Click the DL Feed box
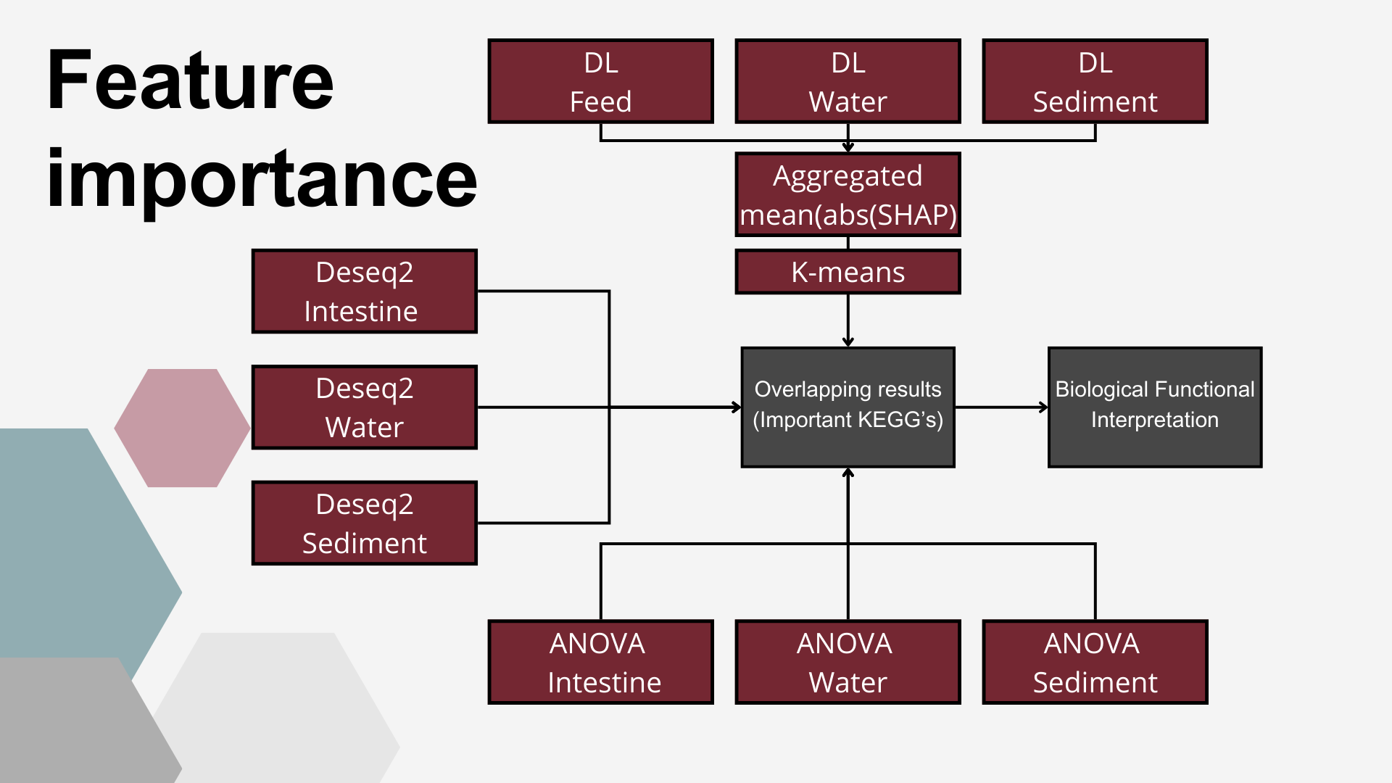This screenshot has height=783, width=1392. [600, 81]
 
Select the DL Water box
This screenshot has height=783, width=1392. [848, 81]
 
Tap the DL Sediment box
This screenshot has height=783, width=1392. [1095, 81]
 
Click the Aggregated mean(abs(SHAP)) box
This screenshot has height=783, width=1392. [848, 194]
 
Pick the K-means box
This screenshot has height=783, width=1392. [848, 272]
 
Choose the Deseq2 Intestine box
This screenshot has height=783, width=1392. [364, 291]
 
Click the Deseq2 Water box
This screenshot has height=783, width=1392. [364, 407]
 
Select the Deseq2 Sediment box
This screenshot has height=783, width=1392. [364, 523]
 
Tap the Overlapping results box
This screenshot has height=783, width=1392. [848, 407]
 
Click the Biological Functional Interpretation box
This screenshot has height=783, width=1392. [1155, 407]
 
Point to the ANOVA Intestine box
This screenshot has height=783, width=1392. [600, 662]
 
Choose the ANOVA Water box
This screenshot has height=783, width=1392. [848, 662]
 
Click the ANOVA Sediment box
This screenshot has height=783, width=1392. [1095, 662]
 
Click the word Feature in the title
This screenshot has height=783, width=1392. [191, 80]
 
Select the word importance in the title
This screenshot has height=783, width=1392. [262, 180]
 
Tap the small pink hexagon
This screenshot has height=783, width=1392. [182, 428]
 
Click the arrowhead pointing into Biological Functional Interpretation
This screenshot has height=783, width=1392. [1043, 407]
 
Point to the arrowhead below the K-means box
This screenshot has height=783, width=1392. [848, 342]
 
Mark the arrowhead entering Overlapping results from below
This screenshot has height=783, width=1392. [848, 473]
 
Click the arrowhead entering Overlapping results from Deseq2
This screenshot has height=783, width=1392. [736, 407]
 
